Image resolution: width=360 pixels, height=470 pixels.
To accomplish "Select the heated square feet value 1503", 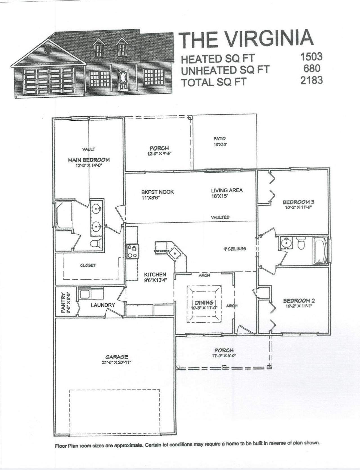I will tap(311, 57).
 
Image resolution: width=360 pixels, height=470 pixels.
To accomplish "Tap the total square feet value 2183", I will tap(311, 80).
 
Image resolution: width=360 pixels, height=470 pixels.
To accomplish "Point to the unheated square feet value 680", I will tap(312, 68).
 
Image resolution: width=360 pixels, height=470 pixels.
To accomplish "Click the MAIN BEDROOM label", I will tap(89, 160).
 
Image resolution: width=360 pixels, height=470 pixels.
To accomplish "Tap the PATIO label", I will tap(219, 139).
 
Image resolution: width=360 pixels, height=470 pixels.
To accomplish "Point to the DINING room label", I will tap(204, 303).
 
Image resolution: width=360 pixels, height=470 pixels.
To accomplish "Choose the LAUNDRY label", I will tap(103, 305).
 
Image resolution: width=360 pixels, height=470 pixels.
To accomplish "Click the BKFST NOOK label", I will tap(157, 192).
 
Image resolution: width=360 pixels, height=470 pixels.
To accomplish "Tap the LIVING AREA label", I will tap(227, 190).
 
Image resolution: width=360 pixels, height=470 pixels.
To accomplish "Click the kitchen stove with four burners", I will tap(132, 251).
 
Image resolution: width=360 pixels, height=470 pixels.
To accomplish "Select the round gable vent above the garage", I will tap(48, 49).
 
